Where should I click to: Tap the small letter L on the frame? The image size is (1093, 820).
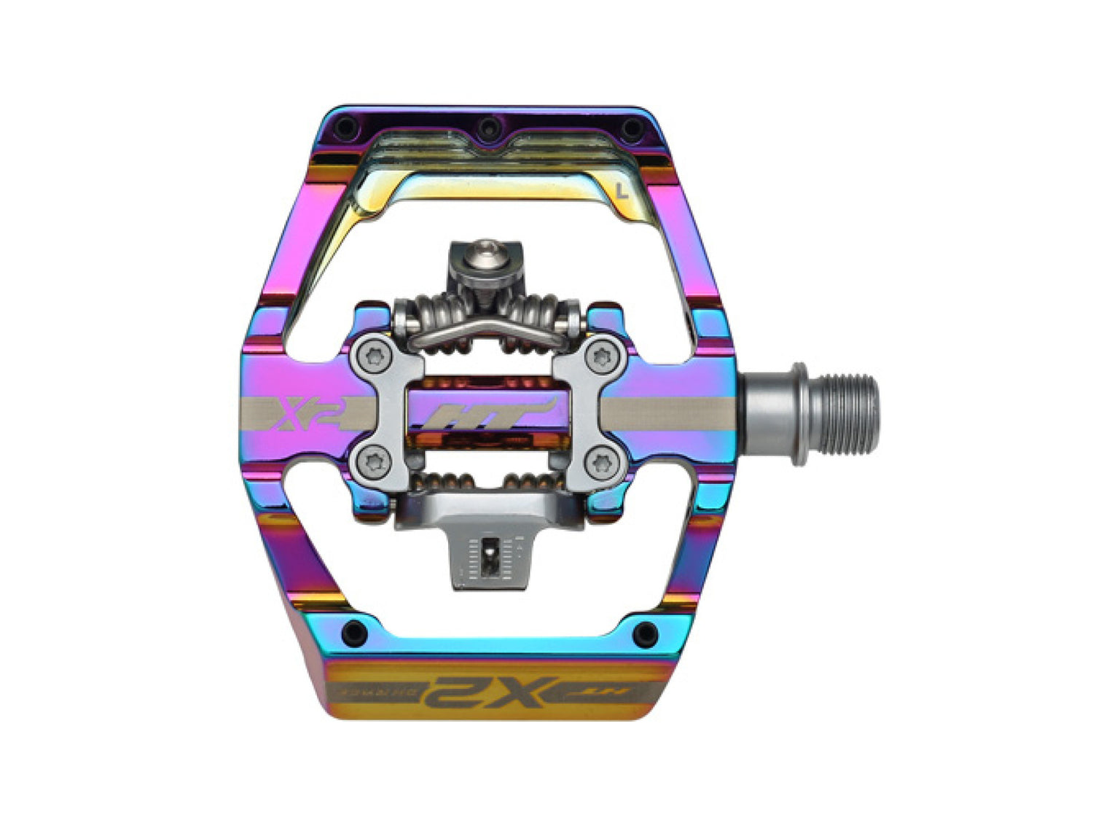coord(621,192)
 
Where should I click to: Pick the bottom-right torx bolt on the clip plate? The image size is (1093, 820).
coord(602,461)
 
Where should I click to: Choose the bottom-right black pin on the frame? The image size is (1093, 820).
coord(645,633)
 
